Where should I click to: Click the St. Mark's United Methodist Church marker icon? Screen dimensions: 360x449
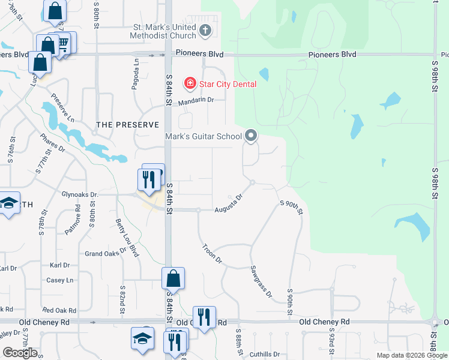(x=205, y=31)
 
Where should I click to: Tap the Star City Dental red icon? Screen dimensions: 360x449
(x=190, y=83)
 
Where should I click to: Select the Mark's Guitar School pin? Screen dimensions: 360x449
(x=252, y=137)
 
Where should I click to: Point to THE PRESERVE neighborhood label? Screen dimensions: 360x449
(x=128, y=125)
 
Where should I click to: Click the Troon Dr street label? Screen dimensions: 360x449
(x=212, y=254)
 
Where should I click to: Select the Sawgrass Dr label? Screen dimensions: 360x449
(x=261, y=282)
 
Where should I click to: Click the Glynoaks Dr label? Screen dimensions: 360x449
(x=88, y=194)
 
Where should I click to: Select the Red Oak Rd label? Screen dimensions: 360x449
(x=59, y=310)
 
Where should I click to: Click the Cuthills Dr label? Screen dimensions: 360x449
(x=265, y=354)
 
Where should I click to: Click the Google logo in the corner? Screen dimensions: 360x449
(x=20, y=353)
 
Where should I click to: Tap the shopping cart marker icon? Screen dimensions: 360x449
(x=63, y=43)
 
